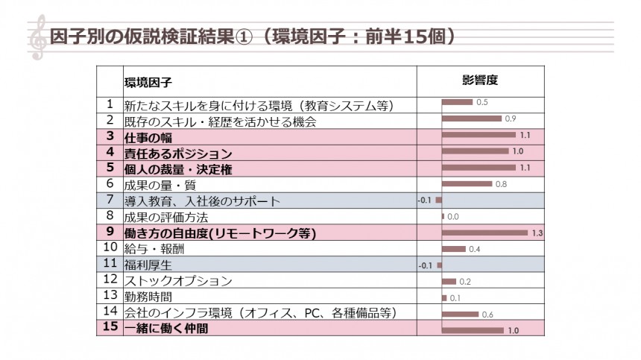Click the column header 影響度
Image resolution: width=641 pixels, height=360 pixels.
click(x=479, y=80)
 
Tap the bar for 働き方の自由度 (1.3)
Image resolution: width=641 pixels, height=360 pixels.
click(x=484, y=233)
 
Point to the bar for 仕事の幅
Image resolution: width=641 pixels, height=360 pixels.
click(x=479, y=135)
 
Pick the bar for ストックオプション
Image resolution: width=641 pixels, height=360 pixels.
click(x=449, y=282)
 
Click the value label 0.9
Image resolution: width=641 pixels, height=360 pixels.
click(x=511, y=119)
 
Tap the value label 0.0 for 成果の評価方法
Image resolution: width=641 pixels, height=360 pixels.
click(x=453, y=217)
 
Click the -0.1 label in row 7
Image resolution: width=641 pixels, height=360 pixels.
click(x=425, y=200)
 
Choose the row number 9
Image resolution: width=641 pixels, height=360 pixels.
click(x=110, y=233)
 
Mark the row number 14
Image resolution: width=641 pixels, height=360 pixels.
click(x=110, y=311)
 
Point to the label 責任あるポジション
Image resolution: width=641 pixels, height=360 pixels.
click(x=178, y=153)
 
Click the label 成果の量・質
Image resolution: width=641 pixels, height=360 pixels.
click(x=156, y=184)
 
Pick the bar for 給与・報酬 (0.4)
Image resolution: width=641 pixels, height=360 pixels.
click(x=454, y=249)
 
